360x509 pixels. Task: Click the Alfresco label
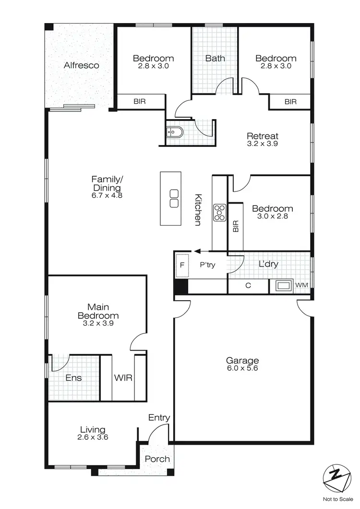click(x=82, y=65)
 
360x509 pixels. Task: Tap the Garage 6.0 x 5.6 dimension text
click(x=242, y=369)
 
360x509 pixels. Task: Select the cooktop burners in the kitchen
click(x=220, y=212)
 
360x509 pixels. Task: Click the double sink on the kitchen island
click(x=174, y=198)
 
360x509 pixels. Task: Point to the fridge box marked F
click(x=182, y=265)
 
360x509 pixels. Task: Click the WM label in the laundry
click(x=301, y=285)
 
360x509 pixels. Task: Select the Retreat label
click(x=263, y=136)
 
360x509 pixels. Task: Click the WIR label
click(x=120, y=378)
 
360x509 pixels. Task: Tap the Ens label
click(x=73, y=378)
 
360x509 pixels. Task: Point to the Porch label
click(x=157, y=459)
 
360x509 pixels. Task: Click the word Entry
click(x=159, y=418)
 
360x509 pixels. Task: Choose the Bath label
click(x=215, y=59)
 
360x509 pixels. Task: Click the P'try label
click(x=207, y=265)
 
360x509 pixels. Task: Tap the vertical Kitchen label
click(x=197, y=210)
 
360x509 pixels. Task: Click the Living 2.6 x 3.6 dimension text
click(x=93, y=438)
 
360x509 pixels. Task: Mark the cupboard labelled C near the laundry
click(x=248, y=286)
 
